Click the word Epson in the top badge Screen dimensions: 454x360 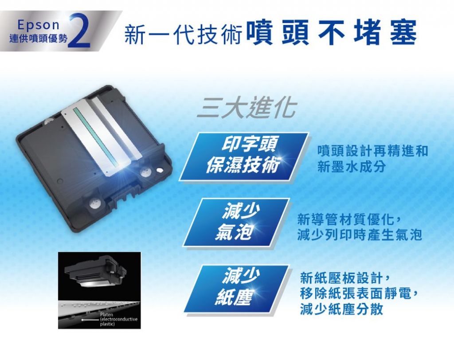coord(38,25)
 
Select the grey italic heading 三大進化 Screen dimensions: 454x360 coord(247,108)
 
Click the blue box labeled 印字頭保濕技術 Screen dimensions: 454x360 coord(244,157)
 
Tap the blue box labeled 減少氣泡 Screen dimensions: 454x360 coord(236,222)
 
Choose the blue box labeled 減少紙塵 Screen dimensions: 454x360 coord(236,289)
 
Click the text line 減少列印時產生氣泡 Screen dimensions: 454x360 coord(359,234)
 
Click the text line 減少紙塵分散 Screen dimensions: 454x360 coord(342,309)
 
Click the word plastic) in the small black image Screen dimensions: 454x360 coord(107,324)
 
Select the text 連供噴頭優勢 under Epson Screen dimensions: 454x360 coord(38,38)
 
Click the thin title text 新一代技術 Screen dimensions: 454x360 coord(183,34)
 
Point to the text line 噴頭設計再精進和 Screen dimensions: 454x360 coord(373,151)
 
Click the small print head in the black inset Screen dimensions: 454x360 coord(96,270)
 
